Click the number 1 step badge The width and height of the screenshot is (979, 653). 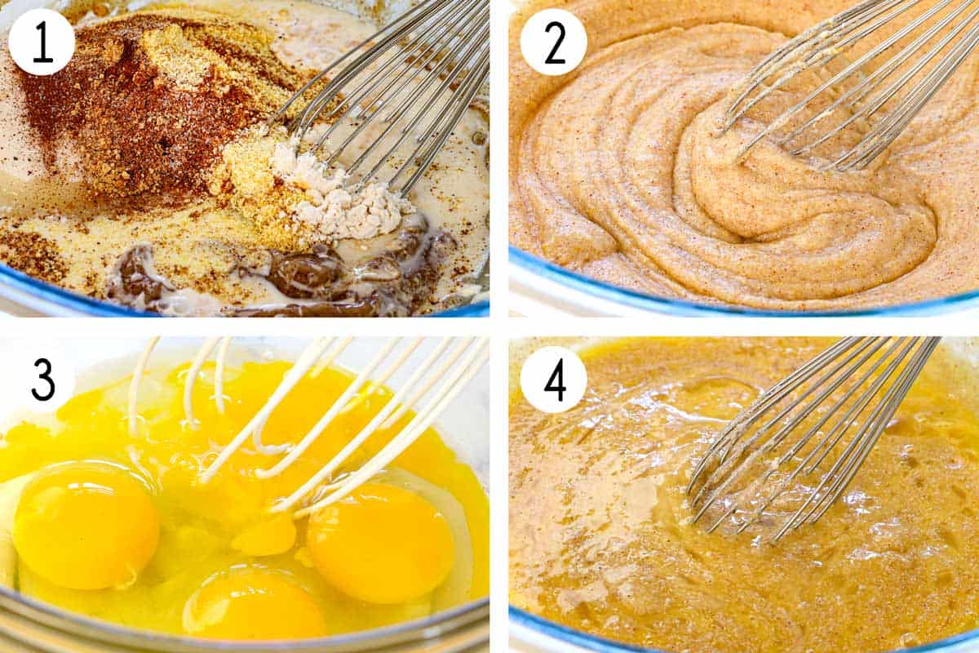coord(42,41)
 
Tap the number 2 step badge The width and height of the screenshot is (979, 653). coord(554,41)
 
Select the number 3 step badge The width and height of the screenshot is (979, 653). coord(42,380)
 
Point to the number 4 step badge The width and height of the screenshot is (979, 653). coord(554,380)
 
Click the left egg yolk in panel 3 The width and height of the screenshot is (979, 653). coord(86,525)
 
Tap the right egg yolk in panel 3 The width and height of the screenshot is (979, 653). coord(380,542)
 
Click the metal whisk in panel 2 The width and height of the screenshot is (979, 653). coord(848,90)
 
